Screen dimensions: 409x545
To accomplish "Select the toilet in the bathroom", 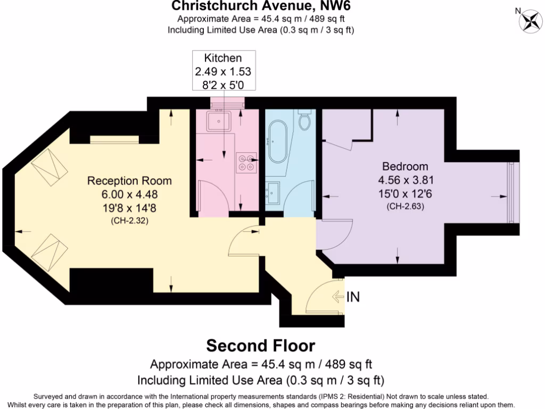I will point(305,121).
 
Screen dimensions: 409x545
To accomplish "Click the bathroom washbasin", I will point(274,189).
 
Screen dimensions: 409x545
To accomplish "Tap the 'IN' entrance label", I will point(353,297).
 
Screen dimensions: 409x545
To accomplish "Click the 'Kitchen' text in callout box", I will point(223,58).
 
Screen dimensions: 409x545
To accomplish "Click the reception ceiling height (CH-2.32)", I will point(130,220).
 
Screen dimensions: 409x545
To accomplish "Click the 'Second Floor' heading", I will point(261,345).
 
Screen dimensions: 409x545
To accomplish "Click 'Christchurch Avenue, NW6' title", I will point(261,6).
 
